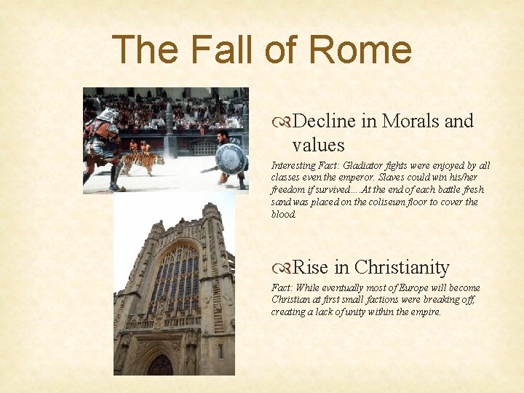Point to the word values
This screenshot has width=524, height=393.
(x=318, y=144)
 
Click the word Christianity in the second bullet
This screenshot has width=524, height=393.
(x=402, y=267)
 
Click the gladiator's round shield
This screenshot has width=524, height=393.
(x=231, y=159)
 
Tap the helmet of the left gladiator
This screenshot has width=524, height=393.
(x=107, y=115)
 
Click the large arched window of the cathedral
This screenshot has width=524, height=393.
(x=175, y=280)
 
